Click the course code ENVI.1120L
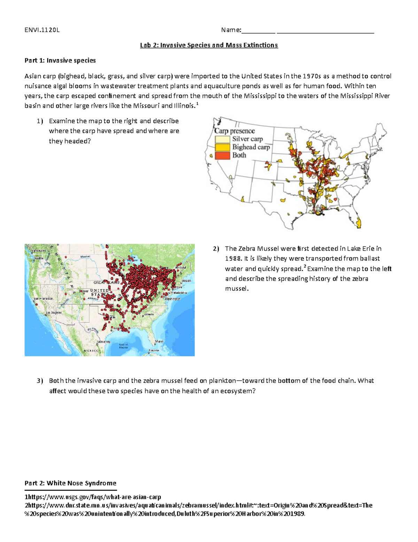pyautogui.click(x=42, y=30)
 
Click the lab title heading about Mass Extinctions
pyautogui.click(x=209, y=45)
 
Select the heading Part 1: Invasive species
pyautogui.click(x=60, y=60)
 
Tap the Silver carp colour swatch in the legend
pyautogui.click(x=222, y=139)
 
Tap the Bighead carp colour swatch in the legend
pyautogui.click(x=222, y=147)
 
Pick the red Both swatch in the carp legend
pyautogui.click(x=222, y=155)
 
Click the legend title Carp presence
pyautogui.click(x=234, y=131)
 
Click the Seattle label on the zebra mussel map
pyautogui.click(x=39, y=258)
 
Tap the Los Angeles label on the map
pyautogui.click(x=53, y=313)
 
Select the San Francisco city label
pyautogui.click(x=44, y=299)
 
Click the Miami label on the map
pyautogui.click(x=159, y=341)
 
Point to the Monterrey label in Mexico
pyautogui.click(x=104, y=342)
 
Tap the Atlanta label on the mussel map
pyautogui.click(x=149, y=314)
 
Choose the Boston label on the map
pyautogui.click(x=186, y=281)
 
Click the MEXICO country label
pyautogui.click(x=91, y=350)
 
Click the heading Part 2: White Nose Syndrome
pyautogui.click(x=70, y=483)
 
